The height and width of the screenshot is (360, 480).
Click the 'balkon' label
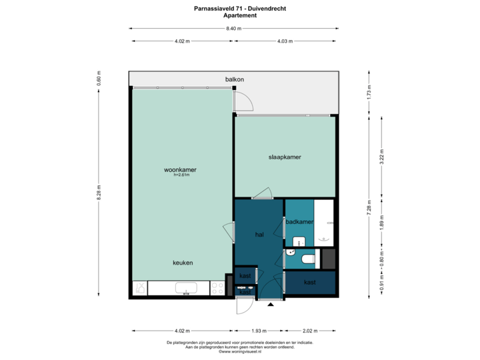click(234, 79)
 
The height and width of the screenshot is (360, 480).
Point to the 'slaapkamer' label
click(285, 157)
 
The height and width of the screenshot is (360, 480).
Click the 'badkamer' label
click(299, 221)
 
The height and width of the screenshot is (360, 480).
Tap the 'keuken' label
click(182, 263)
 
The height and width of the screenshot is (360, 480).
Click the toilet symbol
click(307, 258)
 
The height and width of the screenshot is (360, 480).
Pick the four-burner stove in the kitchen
click(217, 288)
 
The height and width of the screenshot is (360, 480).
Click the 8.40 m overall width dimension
click(233, 29)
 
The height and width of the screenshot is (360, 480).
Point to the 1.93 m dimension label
click(259, 331)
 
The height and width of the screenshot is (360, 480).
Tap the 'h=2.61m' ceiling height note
click(181, 176)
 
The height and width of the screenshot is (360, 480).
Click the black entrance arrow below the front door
click(270, 305)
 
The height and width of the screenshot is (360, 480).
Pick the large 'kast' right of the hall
click(309, 282)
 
